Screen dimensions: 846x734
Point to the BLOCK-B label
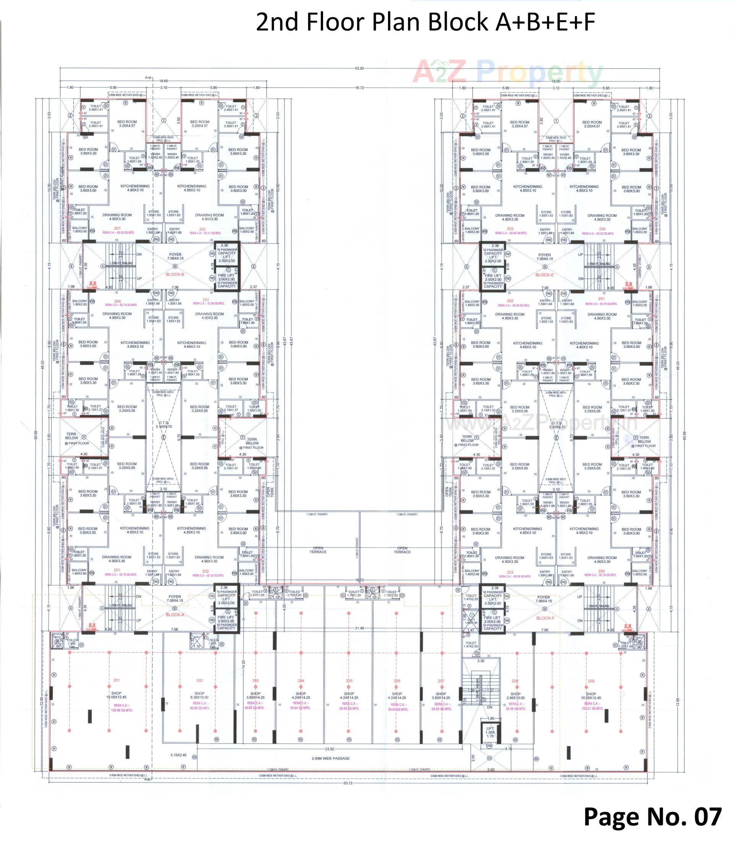click(x=174, y=275)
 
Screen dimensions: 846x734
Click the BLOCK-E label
click(x=544, y=275)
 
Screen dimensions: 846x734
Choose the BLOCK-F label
click(x=545, y=618)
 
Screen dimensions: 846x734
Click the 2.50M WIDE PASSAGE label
click(x=331, y=758)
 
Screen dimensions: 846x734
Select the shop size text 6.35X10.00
click(x=200, y=697)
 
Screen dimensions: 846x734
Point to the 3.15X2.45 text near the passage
click(x=179, y=754)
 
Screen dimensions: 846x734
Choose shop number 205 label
click(x=349, y=681)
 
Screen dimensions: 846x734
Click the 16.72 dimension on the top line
click(x=360, y=88)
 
